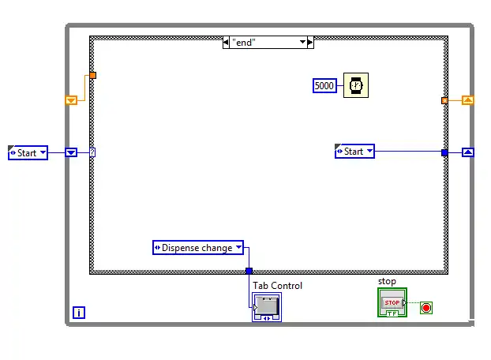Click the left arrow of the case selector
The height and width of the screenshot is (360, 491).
point(226,43)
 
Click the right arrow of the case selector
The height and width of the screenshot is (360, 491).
point(309,43)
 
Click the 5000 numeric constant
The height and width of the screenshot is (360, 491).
point(324,85)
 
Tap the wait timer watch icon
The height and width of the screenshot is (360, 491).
point(355,85)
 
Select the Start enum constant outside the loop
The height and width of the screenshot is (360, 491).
point(28,152)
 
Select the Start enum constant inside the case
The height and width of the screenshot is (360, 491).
point(354,152)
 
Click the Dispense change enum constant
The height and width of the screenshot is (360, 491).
point(197,248)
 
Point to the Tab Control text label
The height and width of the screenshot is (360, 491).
point(277,286)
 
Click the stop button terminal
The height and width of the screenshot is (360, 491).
point(392,302)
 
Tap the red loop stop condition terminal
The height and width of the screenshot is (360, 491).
point(426,306)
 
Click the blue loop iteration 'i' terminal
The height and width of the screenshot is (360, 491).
point(78,313)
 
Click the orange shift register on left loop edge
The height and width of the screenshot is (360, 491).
point(71,100)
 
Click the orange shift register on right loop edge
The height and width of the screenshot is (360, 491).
point(467,100)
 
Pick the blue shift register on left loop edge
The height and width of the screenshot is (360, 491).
point(71,152)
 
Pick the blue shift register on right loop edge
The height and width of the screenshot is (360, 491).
point(467,152)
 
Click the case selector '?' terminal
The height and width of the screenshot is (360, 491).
point(92,152)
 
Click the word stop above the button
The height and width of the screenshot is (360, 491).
point(387,281)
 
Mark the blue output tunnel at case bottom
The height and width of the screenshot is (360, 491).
point(249,271)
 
